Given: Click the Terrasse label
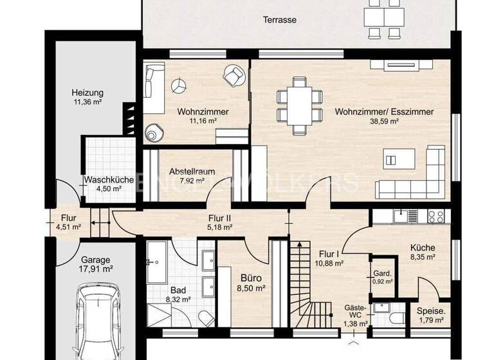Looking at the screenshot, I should (x=280, y=20).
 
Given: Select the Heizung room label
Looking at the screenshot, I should (x=87, y=92).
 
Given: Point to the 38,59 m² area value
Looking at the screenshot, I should (x=384, y=122).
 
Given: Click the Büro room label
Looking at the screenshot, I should (x=250, y=278).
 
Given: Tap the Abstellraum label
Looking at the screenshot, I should (x=192, y=172).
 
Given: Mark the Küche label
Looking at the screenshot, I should (x=423, y=248).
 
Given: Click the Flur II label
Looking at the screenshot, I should (x=219, y=217).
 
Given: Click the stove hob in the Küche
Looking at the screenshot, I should (x=435, y=215).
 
